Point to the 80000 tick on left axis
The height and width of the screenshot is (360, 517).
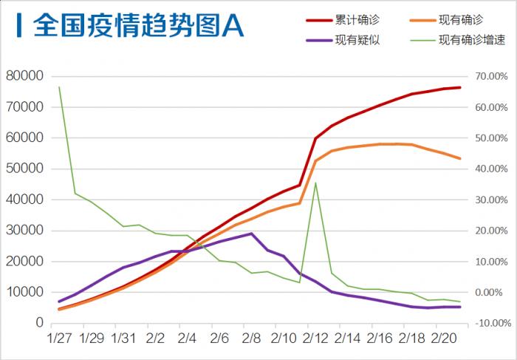[25, 76]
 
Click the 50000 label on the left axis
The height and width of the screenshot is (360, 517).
[25, 169]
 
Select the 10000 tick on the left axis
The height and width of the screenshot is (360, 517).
[25, 292]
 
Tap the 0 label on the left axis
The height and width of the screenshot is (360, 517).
[38, 323]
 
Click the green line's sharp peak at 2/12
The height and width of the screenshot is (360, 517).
[315, 183]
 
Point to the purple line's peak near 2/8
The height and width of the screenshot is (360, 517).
[252, 234]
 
